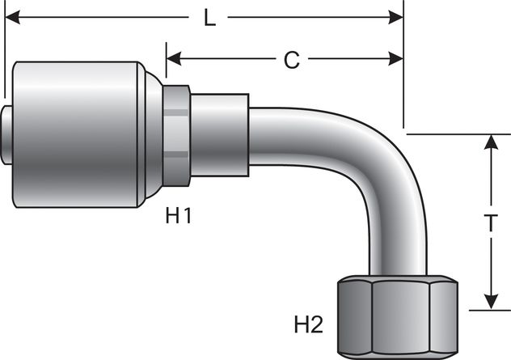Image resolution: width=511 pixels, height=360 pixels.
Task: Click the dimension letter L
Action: pos(209,18)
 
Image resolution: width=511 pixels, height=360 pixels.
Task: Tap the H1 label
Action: pos(179,215)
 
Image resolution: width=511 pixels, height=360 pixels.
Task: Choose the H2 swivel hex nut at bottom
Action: pos(396,316)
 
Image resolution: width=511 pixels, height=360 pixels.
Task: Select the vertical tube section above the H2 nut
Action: pos(397,251)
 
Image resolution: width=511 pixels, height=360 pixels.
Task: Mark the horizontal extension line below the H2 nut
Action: pos(485,309)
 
